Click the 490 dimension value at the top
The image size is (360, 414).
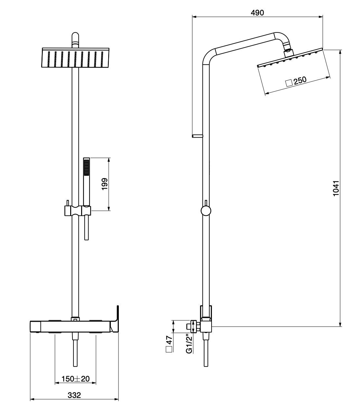coord(257,13)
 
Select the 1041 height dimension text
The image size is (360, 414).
coord(336,188)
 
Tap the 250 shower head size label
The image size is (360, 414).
coord(300,80)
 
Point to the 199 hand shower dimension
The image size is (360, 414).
coord(105,184)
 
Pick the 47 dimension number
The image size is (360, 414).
coord(169,340)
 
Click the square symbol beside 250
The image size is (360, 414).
coord(289,83)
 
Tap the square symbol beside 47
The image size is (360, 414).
coord(169,350)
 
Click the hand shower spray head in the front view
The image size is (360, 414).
coord(87,167)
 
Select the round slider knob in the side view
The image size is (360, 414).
coord(206,211)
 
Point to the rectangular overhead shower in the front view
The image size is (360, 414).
coord(75,58)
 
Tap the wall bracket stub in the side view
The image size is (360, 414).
coord(197,136)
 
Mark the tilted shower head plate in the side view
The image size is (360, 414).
coord(290,58)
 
